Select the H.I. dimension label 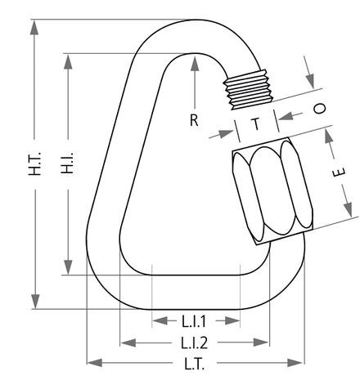point(67,163)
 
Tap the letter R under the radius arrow point(194,120)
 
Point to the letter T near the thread point(256,124)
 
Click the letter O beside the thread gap point(319,108)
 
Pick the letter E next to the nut point(340,172)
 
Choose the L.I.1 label point(194,321)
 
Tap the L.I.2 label point(195,342)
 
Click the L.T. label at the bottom point(195,364)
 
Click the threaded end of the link point(248,89)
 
